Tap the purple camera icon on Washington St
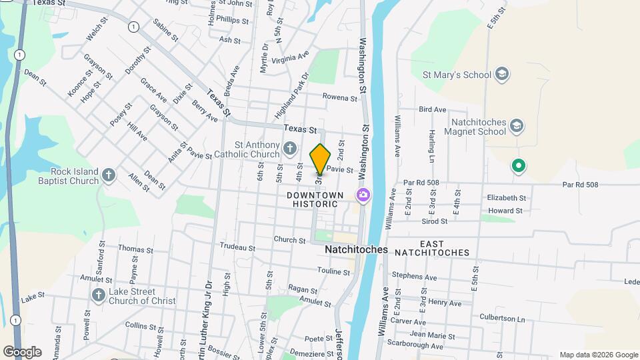pyautogui.click(x=363, y=195)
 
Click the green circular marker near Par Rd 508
pyautogui.click(x=517, y=165)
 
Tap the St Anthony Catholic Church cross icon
pyautogui.click(x=289, y=147)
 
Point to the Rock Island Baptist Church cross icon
pyautogui.click(x=109, y=175)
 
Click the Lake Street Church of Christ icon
pyautogui.click(x=98, y=295)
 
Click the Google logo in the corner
pyautogui.click(x=22, y=352)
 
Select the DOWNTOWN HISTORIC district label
pyautogui.click(x=315, y=200)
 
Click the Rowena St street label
pyautogui.click(x=340, y=97)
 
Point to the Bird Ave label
pyautogui.click(x=433, y=109)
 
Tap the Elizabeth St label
pyautogui.click(x=507, y=198)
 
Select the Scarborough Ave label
pyautogui.click(x=418, y=346)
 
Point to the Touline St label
pyautogui.click(x=334, y=271)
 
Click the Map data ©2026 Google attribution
pyautogui.click(x=598, y=355)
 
